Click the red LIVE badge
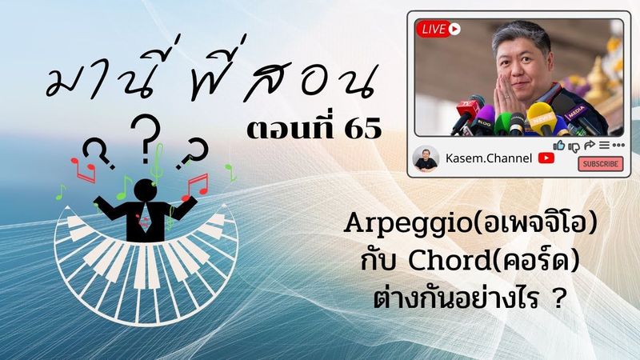(x=439, y=29)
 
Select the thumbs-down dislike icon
(x=573, y=146)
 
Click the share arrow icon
(x=588, y=146)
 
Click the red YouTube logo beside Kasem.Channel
(x=546, y=158)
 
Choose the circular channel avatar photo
(x=426, y=158)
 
